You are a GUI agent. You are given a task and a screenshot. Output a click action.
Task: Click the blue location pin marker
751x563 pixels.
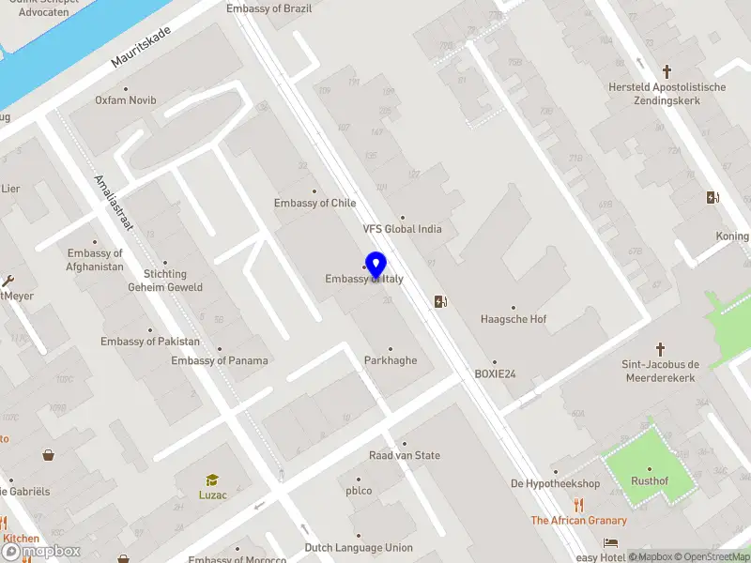pos(375,266)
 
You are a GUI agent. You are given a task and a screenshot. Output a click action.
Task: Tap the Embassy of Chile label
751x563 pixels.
pos(315,204)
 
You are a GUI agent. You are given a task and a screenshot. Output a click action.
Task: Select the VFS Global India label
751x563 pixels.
pos(403,229)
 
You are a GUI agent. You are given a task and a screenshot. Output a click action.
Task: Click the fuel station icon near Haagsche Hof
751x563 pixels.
pos(440,301)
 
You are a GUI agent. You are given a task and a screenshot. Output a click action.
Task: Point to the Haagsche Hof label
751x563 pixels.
pos(513,319)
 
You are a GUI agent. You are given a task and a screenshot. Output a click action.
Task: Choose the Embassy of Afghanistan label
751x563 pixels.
pos(96,260)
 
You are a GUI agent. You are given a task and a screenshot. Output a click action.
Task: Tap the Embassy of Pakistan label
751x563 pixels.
pos(150,342)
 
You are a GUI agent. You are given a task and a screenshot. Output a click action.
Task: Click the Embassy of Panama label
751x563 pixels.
pos(220,360)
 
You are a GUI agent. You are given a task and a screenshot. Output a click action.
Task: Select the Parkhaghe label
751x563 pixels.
pos(391,360)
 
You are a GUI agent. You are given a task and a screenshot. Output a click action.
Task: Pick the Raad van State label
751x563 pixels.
pos(405,456)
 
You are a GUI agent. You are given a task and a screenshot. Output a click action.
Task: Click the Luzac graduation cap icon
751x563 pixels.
pos(212,479)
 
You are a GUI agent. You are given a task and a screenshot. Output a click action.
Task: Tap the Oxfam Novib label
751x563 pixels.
pos(126,100)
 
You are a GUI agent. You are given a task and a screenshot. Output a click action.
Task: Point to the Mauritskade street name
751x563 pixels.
pos(141,47)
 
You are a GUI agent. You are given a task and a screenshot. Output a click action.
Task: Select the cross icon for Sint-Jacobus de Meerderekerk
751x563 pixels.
pos(660,348)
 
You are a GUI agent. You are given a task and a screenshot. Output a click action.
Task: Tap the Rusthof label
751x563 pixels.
pos(650,482)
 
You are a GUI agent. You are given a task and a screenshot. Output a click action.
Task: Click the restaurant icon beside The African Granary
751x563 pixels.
pos(579,504)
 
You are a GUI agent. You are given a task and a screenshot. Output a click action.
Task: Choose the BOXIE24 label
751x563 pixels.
pos(496,373)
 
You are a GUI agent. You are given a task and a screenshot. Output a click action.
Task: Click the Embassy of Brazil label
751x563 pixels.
pos(268,8)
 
